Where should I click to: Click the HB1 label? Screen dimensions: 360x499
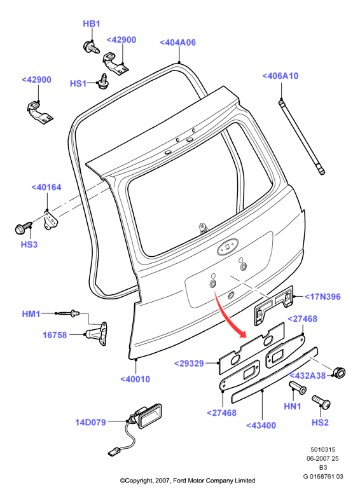tap(92, 24)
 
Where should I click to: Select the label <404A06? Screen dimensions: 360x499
tap(177, 43)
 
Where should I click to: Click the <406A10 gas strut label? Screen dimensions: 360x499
tap(280, 76)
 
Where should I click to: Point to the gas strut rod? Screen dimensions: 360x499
tap(301, 137)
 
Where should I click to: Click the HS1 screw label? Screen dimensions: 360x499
tap(78, 84)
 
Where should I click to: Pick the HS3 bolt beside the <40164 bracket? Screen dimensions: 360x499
tap(24, 227)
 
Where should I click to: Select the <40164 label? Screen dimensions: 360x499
tap(46, 187)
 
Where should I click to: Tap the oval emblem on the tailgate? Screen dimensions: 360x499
tap(228, 246)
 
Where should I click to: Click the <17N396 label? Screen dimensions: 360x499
tap(322, 297)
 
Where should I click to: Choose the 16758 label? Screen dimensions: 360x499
tap(55, 335)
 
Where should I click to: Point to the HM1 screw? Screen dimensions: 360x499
tap(68, 313)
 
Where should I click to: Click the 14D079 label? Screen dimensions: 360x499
tap(90, 422)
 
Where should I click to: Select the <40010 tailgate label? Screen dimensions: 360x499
tap(135, 379)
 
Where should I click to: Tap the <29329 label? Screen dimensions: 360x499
tap(189, 363)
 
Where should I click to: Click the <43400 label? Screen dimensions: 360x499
tap(261, 425)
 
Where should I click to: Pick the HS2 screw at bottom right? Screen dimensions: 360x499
tap(321, 402)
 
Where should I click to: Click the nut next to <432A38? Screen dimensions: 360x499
tap(339, 373)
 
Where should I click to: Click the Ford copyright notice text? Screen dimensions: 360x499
tap(188, 480)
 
